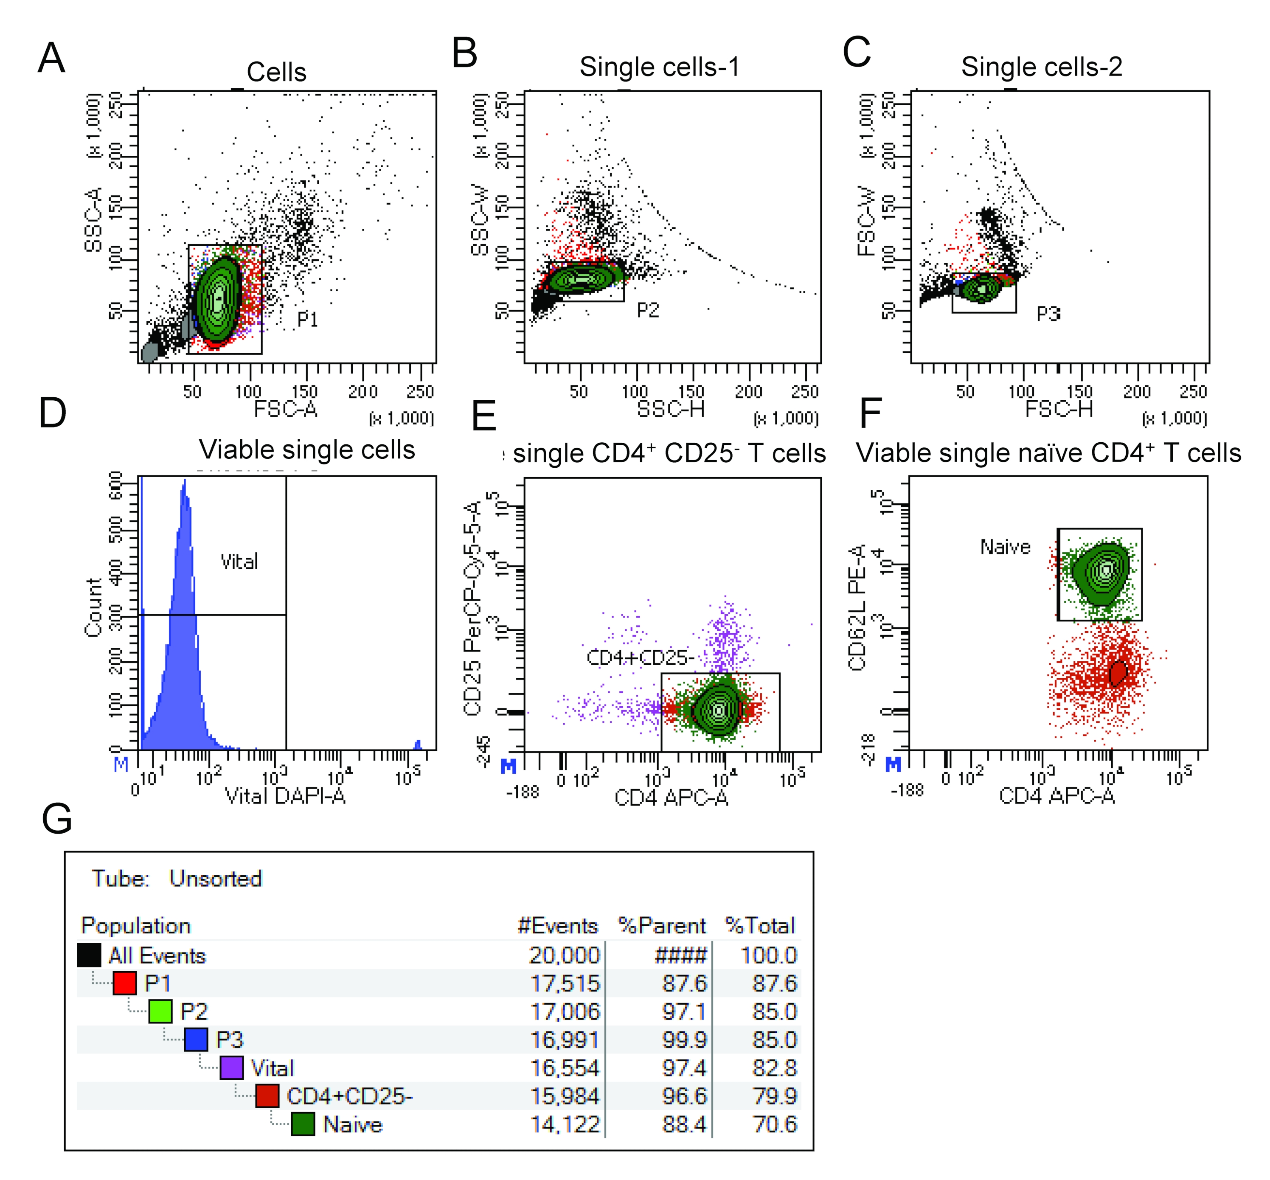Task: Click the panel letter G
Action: (57, 819)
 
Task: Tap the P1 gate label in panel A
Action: (308, 319)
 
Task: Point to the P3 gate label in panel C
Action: (1048, 314)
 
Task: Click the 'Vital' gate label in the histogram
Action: (239, 562)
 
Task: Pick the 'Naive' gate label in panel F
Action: (1005, 547)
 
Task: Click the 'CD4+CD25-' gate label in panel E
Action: (640, 657)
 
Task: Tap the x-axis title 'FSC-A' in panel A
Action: (285, 409)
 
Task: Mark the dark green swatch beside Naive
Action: (303, 1124)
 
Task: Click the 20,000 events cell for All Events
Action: (565, 955)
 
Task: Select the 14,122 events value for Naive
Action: (565, 1124)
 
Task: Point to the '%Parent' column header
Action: (662, 926)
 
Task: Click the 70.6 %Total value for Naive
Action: (775, 1124)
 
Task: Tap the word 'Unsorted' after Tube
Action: (215, 879)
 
